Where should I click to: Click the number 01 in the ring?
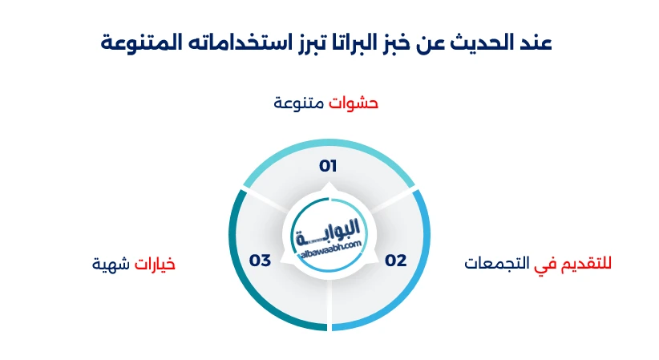pyautogui.click(x=328, y=166)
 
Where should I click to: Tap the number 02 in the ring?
pyautogui.click(x=396, y=260)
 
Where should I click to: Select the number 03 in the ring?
pyautogui.click(x=261, y=260)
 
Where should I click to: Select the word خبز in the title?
pyautogui.click(x=404, y=42)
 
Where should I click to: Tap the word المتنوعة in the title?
pyautogui.click(x=136, y=42)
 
